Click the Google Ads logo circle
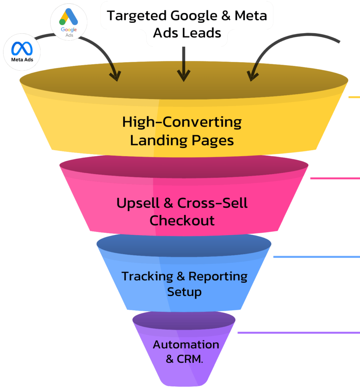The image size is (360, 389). [69, 22]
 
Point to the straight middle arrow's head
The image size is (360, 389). [184, 76]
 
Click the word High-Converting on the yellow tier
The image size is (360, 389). [182, 122]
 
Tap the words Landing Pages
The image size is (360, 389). [182, 140]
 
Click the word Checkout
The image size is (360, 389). [182, 220]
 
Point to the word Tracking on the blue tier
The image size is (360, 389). [147, 276]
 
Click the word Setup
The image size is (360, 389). [184, 292]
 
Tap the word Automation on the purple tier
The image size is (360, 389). [186, 345]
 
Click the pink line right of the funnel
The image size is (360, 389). [335, 178]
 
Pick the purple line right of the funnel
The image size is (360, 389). [298, 333]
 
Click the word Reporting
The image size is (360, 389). [218, 276]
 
